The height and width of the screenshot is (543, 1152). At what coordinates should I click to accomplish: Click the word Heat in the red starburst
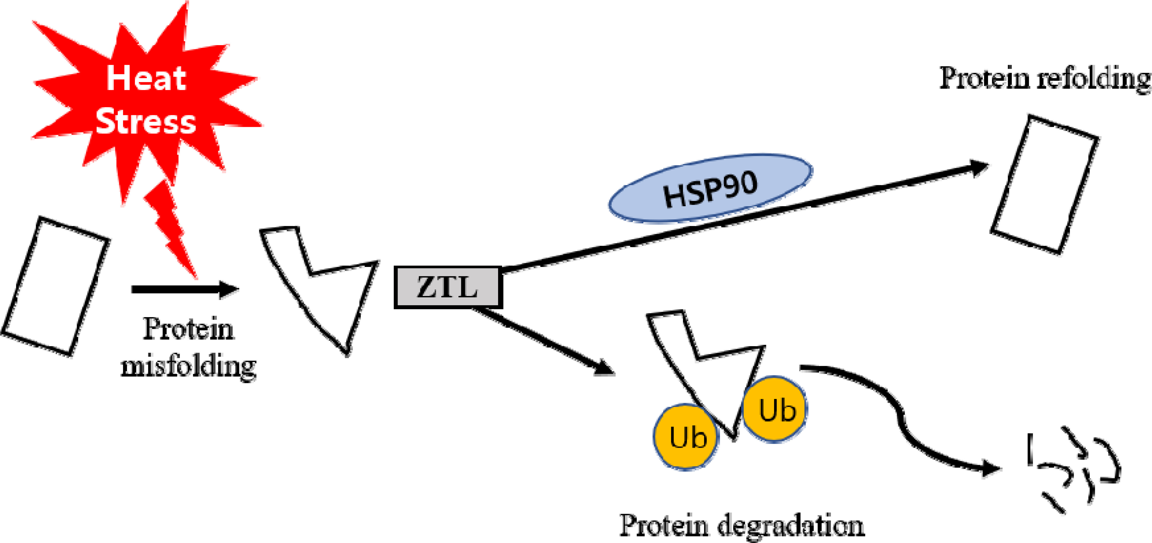(146, 78)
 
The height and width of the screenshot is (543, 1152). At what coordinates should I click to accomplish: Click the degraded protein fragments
(1073, 470)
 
